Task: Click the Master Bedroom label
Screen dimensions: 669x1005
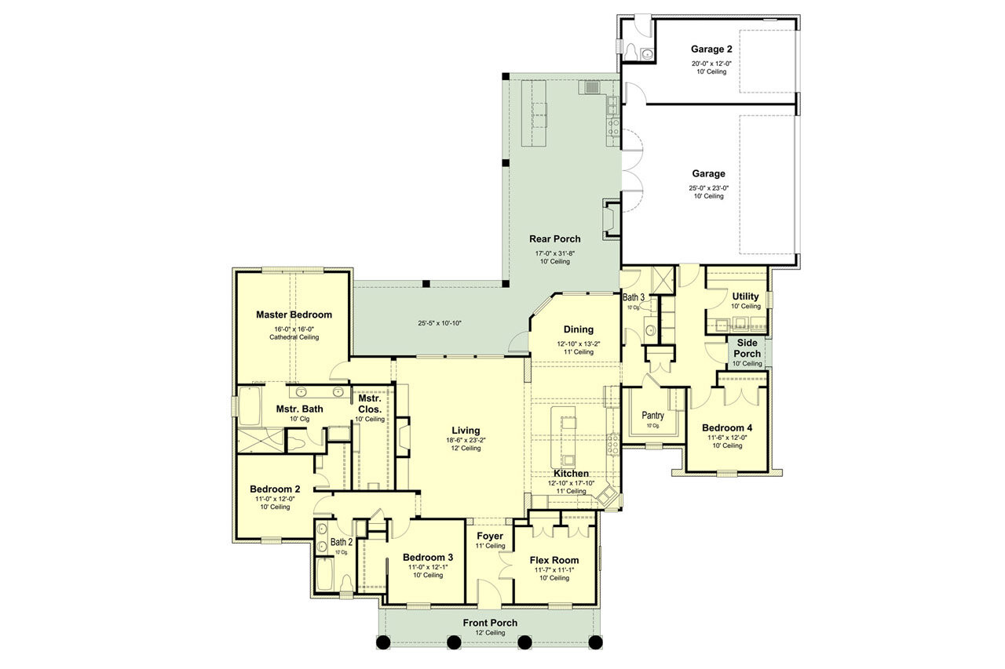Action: pyautogui.click(x=294, y=315)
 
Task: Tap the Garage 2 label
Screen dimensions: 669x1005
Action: pyautogui.click(x=711, y=49)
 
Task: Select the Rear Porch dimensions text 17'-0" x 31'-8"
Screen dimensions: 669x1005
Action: pyautogui.click(x=555, y=253)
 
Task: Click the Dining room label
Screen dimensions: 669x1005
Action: pyautogui.click(x=578, y=329)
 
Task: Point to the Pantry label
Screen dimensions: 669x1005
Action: pyautogui.click(x=652, y=416)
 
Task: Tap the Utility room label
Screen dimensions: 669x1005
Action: pyautogui.click(x=745, y=296)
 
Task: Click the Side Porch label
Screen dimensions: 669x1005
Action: pyautogui.click(x=747, y=348)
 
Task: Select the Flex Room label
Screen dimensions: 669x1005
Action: pyautogui.click(x=554, y=560)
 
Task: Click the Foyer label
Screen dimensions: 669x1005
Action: pyautogui.click(x=490, y=536)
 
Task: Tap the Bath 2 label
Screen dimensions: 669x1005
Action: pyautogui.click(x=341, y=542)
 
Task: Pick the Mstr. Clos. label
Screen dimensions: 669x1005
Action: pyautogui.click(x=370, y=404)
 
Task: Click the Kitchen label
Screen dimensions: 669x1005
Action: pyautogui.click(x=571, y=474)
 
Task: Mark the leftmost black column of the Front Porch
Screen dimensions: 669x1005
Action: pyautogui.click(x=382, y=642)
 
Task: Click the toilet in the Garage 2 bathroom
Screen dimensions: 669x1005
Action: pyautogui.click(x=632, y=51)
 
